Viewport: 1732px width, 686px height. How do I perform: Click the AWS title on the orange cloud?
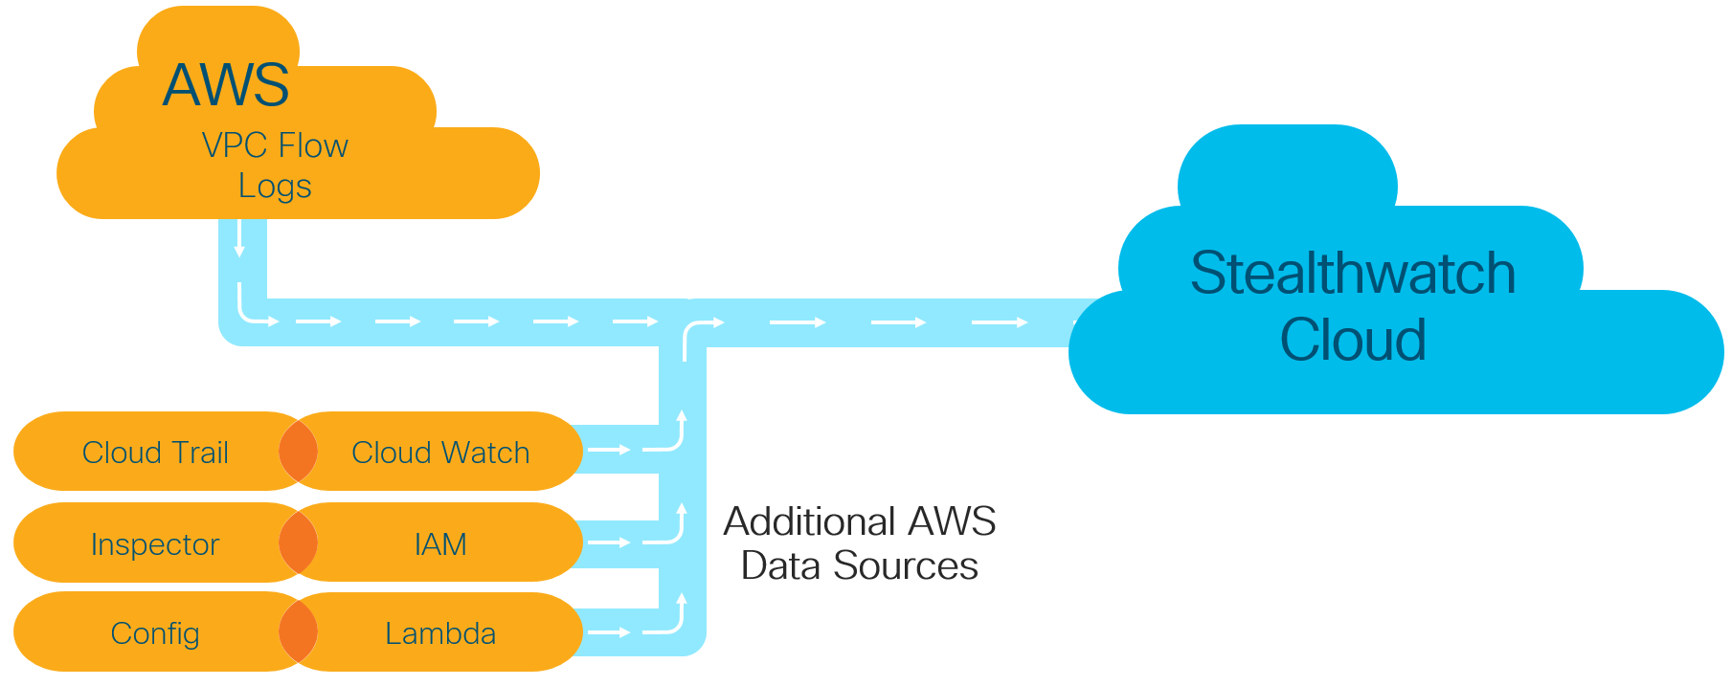click(226, 84)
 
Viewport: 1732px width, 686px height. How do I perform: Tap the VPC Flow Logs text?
click(275, 166)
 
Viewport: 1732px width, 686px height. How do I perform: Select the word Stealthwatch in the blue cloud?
click(1353, 273)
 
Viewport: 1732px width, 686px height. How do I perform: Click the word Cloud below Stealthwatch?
click(1353, 340)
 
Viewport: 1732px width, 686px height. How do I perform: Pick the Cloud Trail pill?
click(155, 452)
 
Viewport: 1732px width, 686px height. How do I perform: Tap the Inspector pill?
click(155, 543)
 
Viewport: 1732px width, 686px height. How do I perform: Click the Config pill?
click(155, 632)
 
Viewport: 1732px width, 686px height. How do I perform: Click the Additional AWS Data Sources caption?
click(860, 543)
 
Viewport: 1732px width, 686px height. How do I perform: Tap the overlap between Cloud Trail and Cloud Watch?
click(298, 452)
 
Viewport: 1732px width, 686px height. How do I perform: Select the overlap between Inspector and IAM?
click(298, 543)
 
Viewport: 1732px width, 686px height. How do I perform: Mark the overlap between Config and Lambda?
click(298, 632)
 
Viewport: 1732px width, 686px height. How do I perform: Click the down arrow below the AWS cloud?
click(239, 238)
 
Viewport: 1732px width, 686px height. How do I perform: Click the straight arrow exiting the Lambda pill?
click(609, 632)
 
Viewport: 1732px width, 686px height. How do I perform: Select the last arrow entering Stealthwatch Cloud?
click(1000, 322)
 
